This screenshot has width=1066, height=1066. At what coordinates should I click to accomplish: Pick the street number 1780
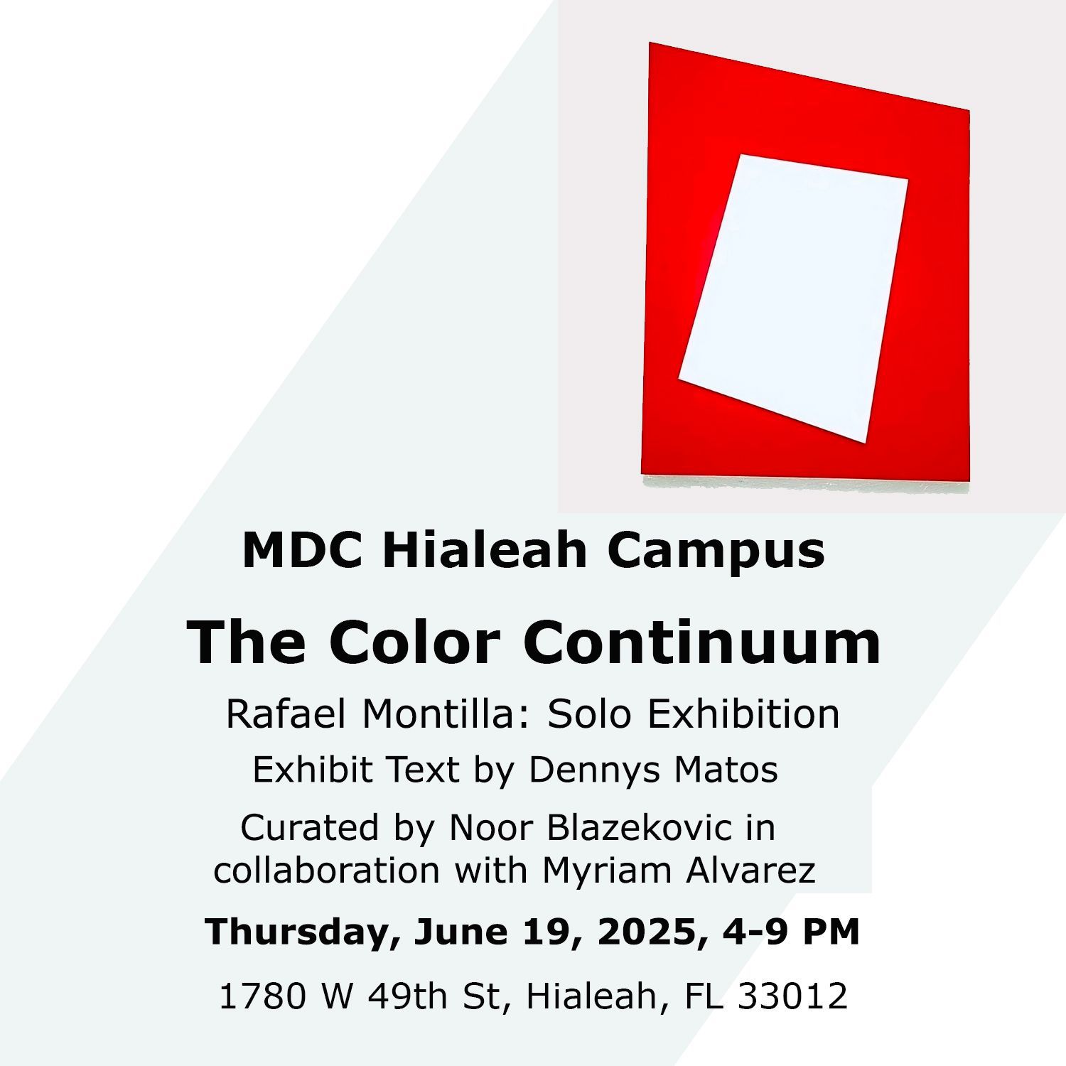(x=263, y=996)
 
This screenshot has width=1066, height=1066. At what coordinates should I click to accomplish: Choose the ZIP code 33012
(x=792, y=996)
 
